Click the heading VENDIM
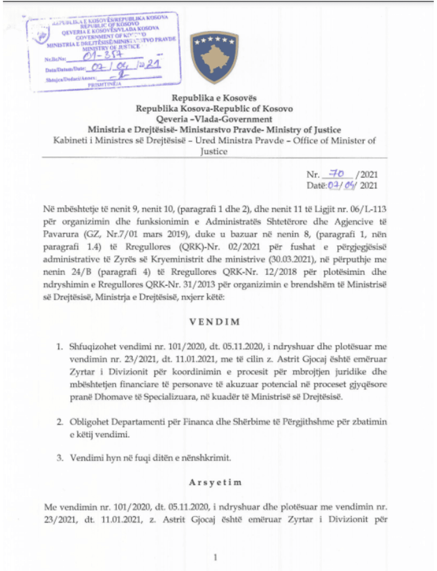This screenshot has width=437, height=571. [x=215, y=322]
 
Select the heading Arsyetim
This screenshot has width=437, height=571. [x=215, y=482]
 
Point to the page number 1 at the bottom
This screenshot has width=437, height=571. [x=216, y=557]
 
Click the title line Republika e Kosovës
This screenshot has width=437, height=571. [x=214, y=98]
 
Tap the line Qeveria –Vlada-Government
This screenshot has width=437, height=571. [x=214, y=119]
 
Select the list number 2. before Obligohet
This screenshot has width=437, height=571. [x=60, y=422]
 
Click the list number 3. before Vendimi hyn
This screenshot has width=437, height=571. [x=60, y=458]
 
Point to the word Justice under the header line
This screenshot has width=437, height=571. [x=214, y=151]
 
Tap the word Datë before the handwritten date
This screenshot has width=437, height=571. [x=316, y=186]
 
